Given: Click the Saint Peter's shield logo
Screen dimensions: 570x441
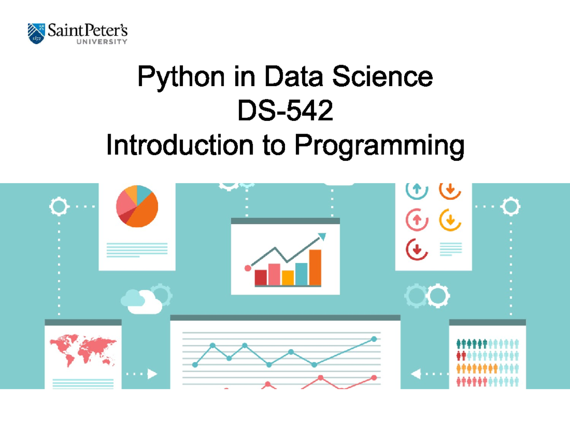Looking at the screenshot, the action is tap(36, 34).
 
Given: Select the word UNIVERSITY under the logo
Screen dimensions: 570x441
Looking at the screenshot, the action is tap(102, 42).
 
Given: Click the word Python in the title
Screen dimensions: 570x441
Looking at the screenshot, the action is tap(181, 77).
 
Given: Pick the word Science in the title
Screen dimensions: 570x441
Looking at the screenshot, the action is tap(382, 77).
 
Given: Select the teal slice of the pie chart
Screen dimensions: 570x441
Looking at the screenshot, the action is tap(143, 193).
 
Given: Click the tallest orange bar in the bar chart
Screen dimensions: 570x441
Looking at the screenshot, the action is tap(315, 267).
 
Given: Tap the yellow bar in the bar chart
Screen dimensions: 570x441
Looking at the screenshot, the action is tap(288, 278).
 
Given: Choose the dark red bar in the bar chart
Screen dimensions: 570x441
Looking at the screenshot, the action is tap(261, 277).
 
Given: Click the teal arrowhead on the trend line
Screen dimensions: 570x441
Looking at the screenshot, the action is tap(322, 236).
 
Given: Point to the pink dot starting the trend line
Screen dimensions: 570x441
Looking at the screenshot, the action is tap(247, 268).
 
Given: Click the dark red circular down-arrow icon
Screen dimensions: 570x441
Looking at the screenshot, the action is tap(417, 249).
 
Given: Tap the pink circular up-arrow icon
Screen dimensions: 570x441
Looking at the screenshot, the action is tap(417, 220).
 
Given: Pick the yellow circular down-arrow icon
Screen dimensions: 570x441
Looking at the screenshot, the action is tap(450, 220).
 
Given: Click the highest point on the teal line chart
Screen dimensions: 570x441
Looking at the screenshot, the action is tap(374, 339).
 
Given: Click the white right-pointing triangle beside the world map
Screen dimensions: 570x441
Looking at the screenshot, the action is tap(152, 374).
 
